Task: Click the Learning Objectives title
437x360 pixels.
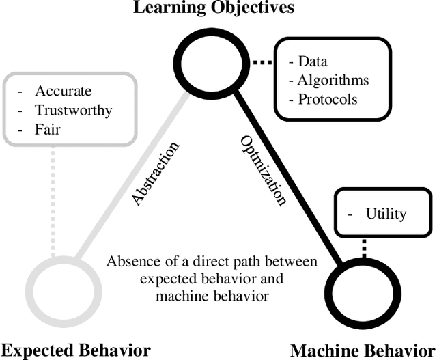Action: click(x=213, y=8)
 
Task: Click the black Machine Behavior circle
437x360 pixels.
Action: click(x=360, y=289)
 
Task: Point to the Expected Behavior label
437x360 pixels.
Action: click(x=75, y=350)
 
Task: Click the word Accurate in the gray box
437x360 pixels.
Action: click(x=63, y=91)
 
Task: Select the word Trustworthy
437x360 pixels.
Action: click(x=73, y=109)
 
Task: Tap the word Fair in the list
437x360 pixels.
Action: click(x=48, y=128)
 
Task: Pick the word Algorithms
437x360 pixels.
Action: click(x=333, y=80)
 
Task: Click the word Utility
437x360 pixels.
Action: click(x=386, y=214)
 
